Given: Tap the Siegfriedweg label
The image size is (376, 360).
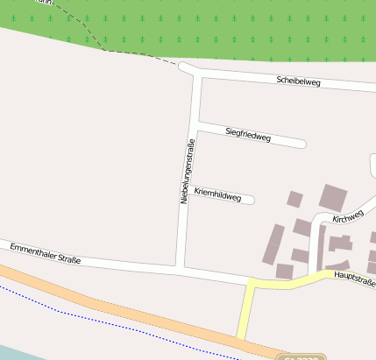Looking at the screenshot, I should (248, 134).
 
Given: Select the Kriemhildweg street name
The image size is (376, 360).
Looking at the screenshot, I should (217, 194).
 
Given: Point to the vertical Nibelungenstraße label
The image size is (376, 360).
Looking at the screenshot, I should (186, 173).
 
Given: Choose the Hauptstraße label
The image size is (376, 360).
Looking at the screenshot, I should (355, 280).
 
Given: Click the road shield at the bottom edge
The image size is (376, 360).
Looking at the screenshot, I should (301, 357).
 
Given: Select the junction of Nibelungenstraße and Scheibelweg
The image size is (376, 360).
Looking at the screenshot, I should (195, 74).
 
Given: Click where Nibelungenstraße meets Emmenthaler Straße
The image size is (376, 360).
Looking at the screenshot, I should (181, 267).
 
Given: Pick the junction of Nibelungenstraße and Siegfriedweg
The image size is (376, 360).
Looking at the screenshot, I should (199, 127).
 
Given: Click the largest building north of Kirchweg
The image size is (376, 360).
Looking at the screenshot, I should (332, 198).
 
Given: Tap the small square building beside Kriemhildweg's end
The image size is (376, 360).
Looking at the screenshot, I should (294, 199).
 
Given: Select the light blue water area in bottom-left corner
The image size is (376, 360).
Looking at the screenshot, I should (13, 352).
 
